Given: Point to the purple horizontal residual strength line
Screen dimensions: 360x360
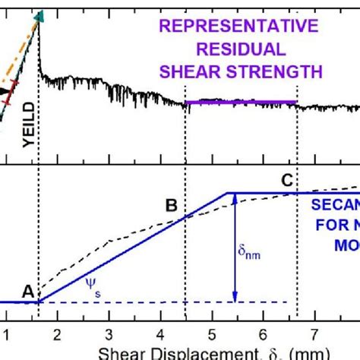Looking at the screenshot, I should click(241, 101).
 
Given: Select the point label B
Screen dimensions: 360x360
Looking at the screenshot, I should click(172, 205).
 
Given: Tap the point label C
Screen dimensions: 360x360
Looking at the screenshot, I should click(286, 181).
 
